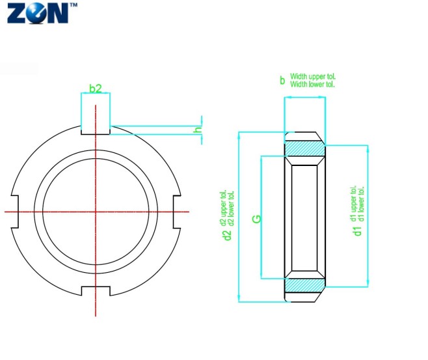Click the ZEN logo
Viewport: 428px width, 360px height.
pyautogui.click(x=37, y=14)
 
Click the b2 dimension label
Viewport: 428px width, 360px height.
pyautogui.click(x=96, y=88)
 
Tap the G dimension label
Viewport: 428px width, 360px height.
pyautogui.click(x=257, y=219)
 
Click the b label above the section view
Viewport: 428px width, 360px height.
pyautogui.click(x=282, y=81)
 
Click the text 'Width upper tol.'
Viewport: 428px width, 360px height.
pyautogui.click(x=313, y=77)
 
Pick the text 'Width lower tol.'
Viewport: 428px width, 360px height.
pyautogui.click(x=312, y=85)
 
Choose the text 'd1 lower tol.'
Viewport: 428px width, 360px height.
pyautogui.click(x=362, y=202)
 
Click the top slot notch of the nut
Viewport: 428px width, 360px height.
pyautogui.click(x=96, y=129)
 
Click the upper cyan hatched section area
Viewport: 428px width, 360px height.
pyautogui.click(x=304, y=149)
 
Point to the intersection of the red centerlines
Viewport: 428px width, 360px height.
pyautogui.click(x=96, y=212)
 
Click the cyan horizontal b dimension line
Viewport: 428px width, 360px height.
pyautogui.click(x=304, y=98)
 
